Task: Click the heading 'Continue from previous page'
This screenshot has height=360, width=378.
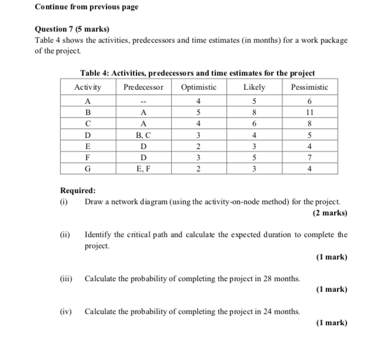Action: click(86, 7)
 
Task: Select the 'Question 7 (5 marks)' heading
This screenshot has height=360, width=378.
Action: click(72, 29)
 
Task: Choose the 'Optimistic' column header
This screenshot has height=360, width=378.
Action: click(199, 87)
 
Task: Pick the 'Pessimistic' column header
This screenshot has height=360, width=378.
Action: click(309, 87)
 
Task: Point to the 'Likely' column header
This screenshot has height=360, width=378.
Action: click(254, 87)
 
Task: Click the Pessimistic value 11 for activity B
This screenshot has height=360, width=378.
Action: click(309, 113)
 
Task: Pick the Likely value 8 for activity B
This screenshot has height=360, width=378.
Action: click(254, 113)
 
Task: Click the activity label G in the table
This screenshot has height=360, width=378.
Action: click(88, 168)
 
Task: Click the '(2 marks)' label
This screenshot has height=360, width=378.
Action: click(330, 213)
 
